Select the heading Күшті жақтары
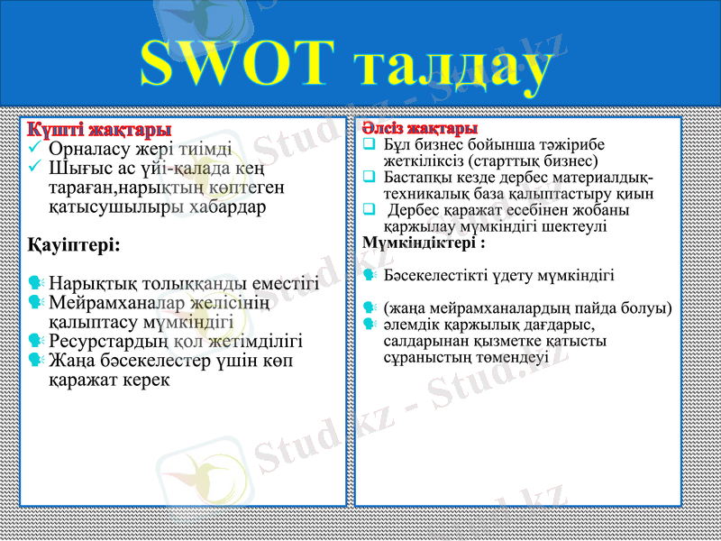point(99,131)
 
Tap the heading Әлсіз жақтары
point(420,129)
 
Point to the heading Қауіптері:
point(75,244)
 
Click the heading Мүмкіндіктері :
point(424,243)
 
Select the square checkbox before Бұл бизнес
point(369,144)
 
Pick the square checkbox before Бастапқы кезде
point(369,178)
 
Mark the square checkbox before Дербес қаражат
point(369,210)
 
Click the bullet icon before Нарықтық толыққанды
point(36,284)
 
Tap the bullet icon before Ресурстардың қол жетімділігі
point(36,341)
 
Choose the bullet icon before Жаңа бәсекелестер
point(36,361)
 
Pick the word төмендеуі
point(504,357)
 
